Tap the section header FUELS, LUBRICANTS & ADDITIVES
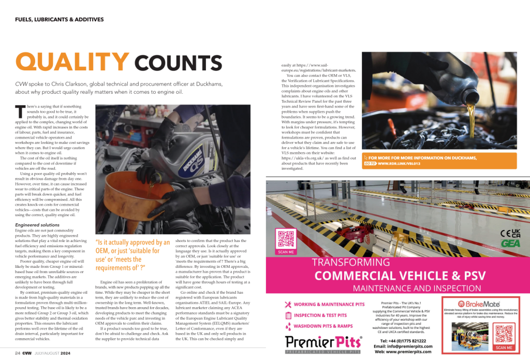point(60,20)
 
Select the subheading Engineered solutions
point(37,225)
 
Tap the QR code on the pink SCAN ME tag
point(286,238)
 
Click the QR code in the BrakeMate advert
point(504,334)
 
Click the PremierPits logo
point(324,343)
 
